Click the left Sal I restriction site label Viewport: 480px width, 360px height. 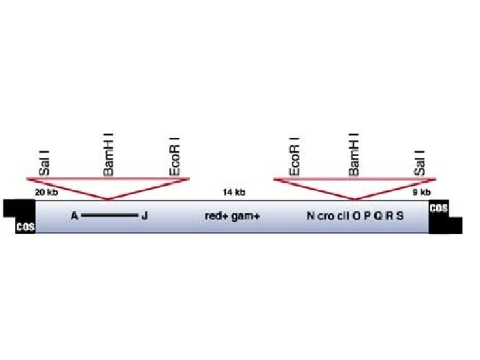(x=45, y=163)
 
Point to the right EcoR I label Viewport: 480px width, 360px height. (x=294, y=158)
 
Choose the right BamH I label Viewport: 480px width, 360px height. (x=354, y=157)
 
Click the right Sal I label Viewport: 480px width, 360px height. (x=419, y=163)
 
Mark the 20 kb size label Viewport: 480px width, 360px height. (x=46, y=192)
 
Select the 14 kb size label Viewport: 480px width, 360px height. (x=234, y=192)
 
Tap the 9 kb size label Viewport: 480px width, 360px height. (x=421, y=192)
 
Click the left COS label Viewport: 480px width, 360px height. (x=25, y=227)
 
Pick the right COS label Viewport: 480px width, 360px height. (x=439, y=208)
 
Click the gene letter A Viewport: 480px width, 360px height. (x=75, y=216)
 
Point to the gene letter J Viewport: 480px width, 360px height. (x=145, y=216)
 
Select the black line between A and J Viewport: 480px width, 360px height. (x=109, y=216)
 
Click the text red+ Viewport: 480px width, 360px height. (x=217, y=216)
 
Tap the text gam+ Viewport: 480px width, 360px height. (x=245, y=216)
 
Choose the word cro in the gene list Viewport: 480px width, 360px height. (x=325, y=216)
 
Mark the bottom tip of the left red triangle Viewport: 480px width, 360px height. (x=108, y=199)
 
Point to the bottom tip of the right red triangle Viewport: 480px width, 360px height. (x=355, y=199)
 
